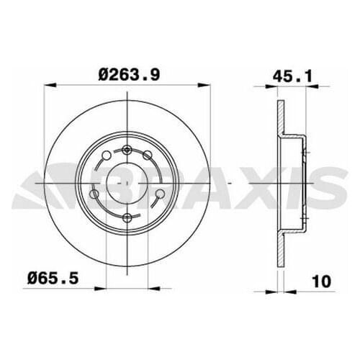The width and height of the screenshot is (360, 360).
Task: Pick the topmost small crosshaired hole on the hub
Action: coord(127,150)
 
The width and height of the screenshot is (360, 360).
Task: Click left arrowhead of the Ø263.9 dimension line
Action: coord(48,86)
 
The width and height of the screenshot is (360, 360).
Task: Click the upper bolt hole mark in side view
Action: coord(305,153)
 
